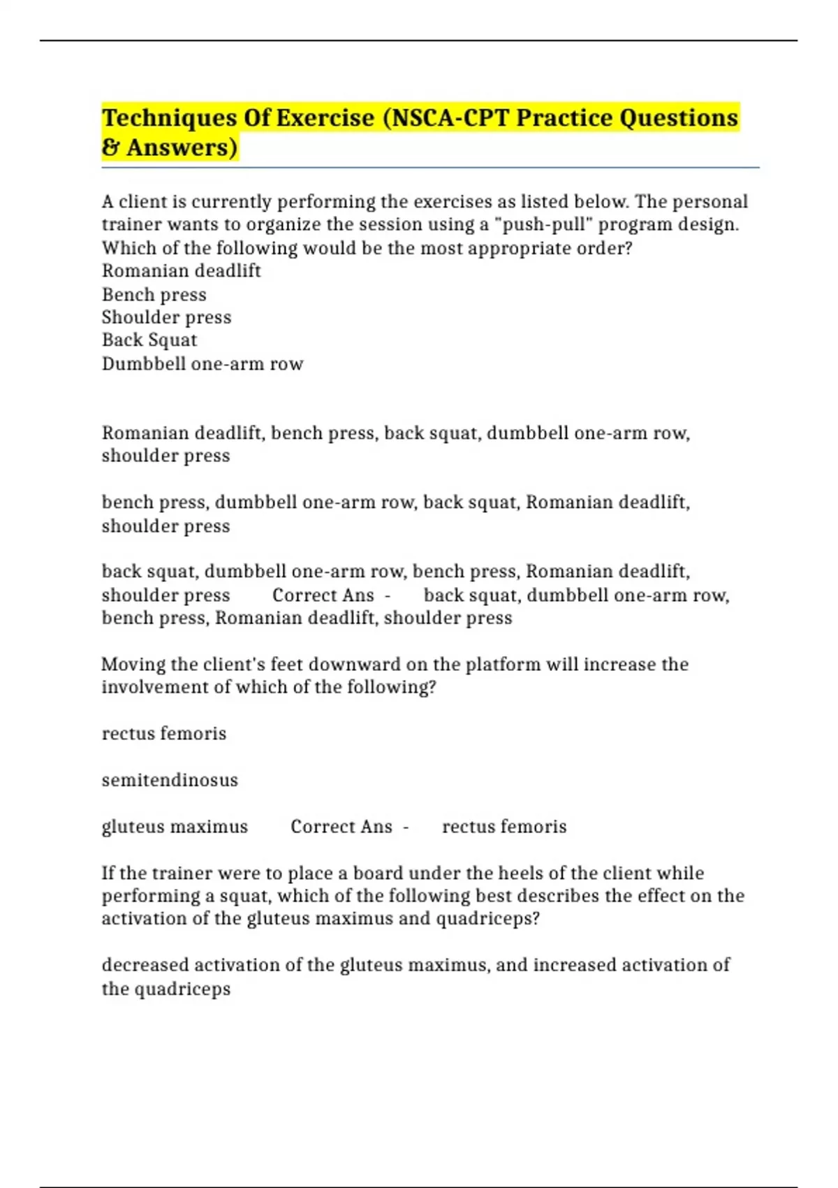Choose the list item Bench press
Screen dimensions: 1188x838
(154, 294)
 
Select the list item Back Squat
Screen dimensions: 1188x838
(149, 340)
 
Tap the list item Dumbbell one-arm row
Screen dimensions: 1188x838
(203, 363)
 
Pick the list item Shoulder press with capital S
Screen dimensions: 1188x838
(166, 317)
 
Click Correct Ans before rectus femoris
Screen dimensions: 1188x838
(341, 827)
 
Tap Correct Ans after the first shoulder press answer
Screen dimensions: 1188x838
(323, 595)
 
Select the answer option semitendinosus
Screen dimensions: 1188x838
(170, 780)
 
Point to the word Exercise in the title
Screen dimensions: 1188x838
(325, 118)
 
